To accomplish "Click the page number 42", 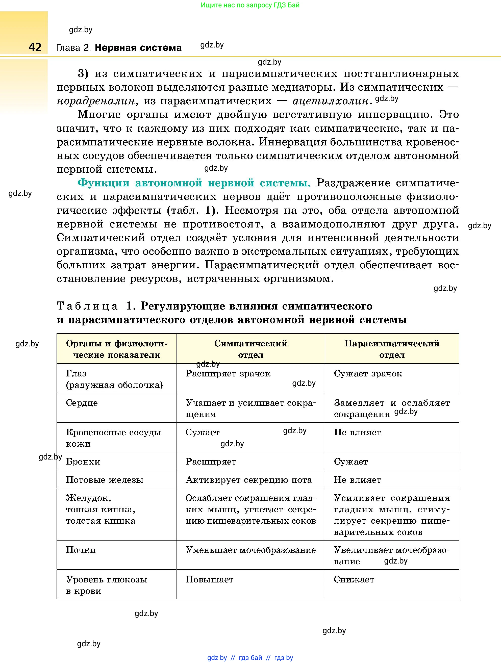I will click(35, 47).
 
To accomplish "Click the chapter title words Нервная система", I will click(138, 48).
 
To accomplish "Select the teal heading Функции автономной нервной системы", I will click(194, 183).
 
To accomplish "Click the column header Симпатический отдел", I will click(251, 349).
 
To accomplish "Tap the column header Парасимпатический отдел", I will click(392, 349).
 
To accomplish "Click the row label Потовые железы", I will click(105, 480).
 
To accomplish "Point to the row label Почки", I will click(81, 550).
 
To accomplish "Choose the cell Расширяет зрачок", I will click(228, 373).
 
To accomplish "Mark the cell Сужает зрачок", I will click(368, 373).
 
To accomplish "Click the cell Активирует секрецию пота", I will click(248, 480).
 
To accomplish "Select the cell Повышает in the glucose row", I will click(209, 579).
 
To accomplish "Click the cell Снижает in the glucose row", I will click(354, 579).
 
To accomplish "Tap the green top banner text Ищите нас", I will click(250, 5).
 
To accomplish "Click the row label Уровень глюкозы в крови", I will click(106, 585).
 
